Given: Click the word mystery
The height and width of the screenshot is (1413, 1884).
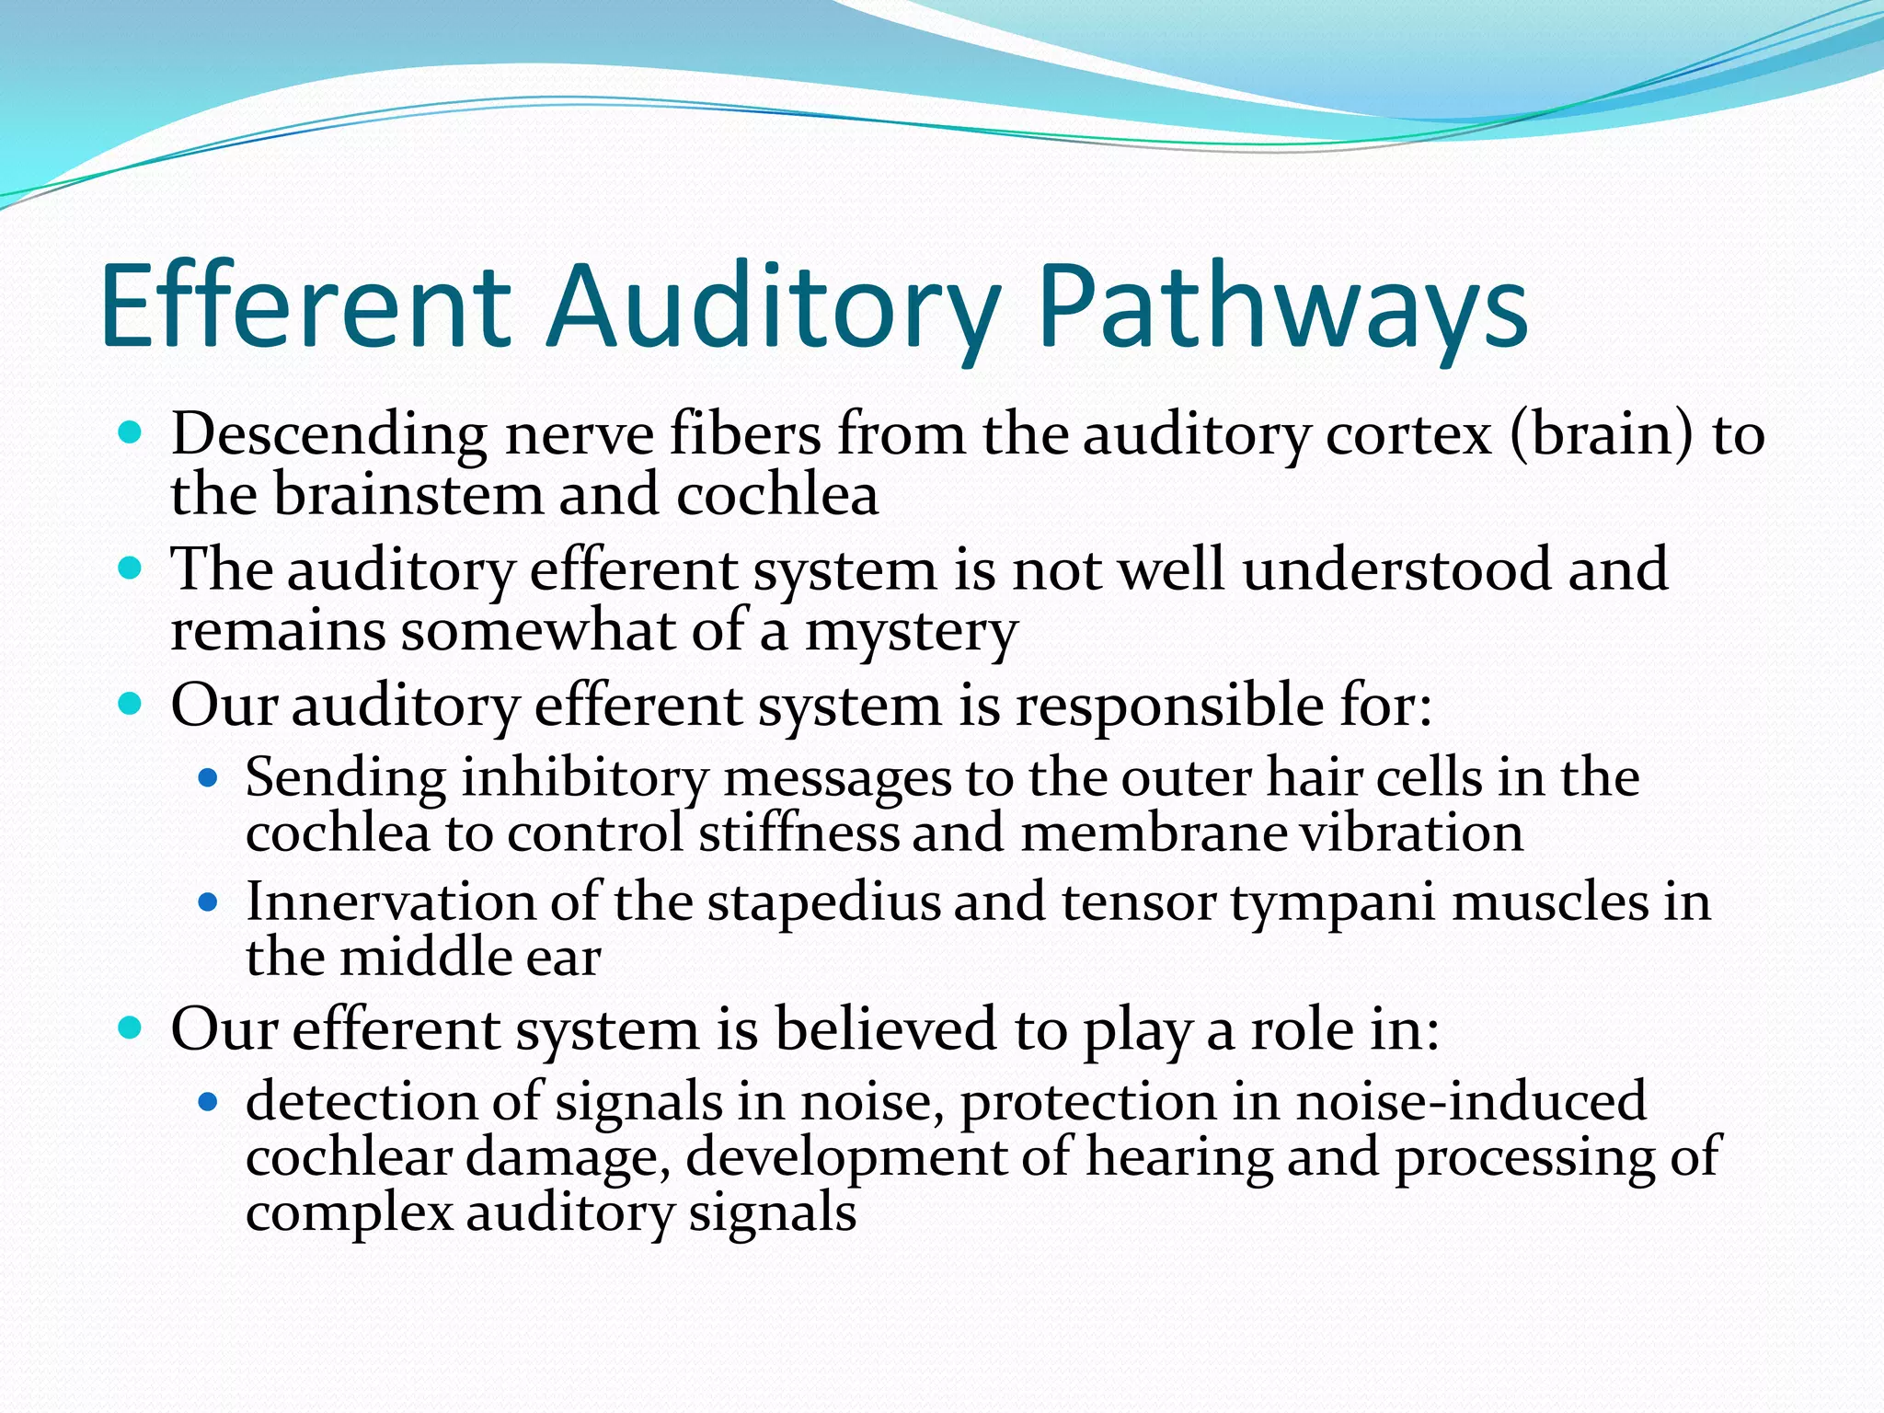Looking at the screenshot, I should pos(911,633).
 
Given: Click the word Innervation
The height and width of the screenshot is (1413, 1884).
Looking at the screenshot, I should pos(390,902).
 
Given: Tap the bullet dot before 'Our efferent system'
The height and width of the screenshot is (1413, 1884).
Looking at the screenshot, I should pos(132,1027).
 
